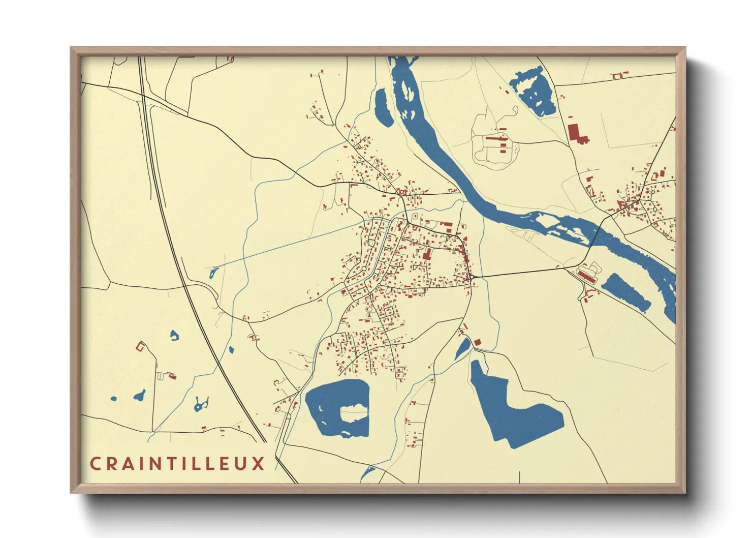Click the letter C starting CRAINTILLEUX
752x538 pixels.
95,464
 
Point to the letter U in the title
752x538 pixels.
241,464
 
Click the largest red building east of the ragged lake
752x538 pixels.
575,133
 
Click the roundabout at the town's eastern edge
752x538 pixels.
472,277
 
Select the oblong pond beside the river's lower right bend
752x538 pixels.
625,292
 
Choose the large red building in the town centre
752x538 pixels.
426,253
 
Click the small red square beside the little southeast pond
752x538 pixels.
477,342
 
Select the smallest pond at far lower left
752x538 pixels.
113,399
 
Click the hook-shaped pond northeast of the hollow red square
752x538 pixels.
174,335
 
